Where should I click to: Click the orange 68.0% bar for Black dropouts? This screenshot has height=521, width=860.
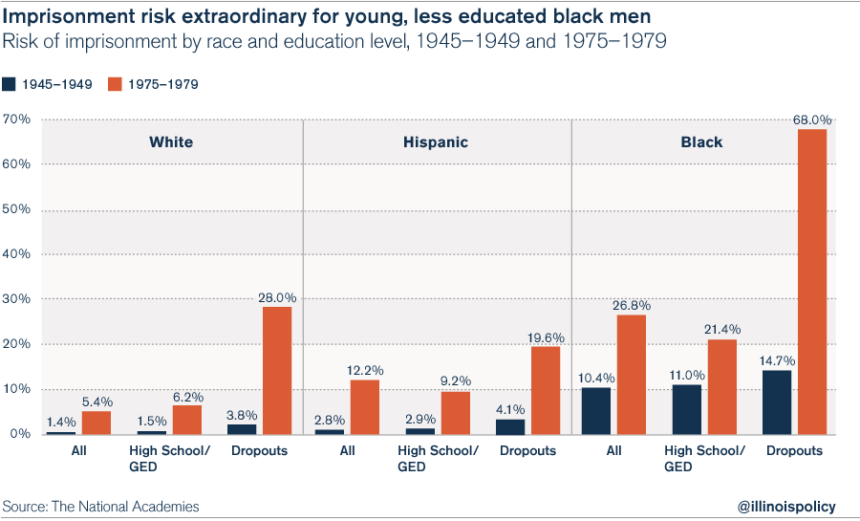pyautogui.click(x=812, y=281)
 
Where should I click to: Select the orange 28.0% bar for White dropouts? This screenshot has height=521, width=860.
pyautogui.click(x=277, y=370)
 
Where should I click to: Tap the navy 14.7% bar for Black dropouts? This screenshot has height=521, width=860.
pyautogui.click(x=778, y=402)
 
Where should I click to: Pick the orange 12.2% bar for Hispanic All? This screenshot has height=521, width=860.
pyautogui.click(x=364, y=406)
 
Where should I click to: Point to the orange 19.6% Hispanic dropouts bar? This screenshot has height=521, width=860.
pyautogui.click(x=546, y=390)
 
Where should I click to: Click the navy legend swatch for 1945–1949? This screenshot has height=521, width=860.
pyautogui.click(x=9, y=84)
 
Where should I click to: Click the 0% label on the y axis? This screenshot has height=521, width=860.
pyautogui.click(x=20, y=434)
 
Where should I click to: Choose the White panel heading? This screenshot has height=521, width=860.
pyautogui.click(x=171, y=142)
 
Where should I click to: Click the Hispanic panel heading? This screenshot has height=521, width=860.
pyautogui.click(x=435, y=142)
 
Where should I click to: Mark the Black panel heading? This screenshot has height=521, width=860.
pyautogui.click(x=701, y=142)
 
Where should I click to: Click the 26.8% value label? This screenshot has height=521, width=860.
pyautogui.click(x=631, y=306)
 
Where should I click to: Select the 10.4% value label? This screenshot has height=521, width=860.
pyautogui.click(x=595, y=378)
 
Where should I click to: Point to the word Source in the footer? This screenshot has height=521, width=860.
pyautogui.click(x=26, y=506)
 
